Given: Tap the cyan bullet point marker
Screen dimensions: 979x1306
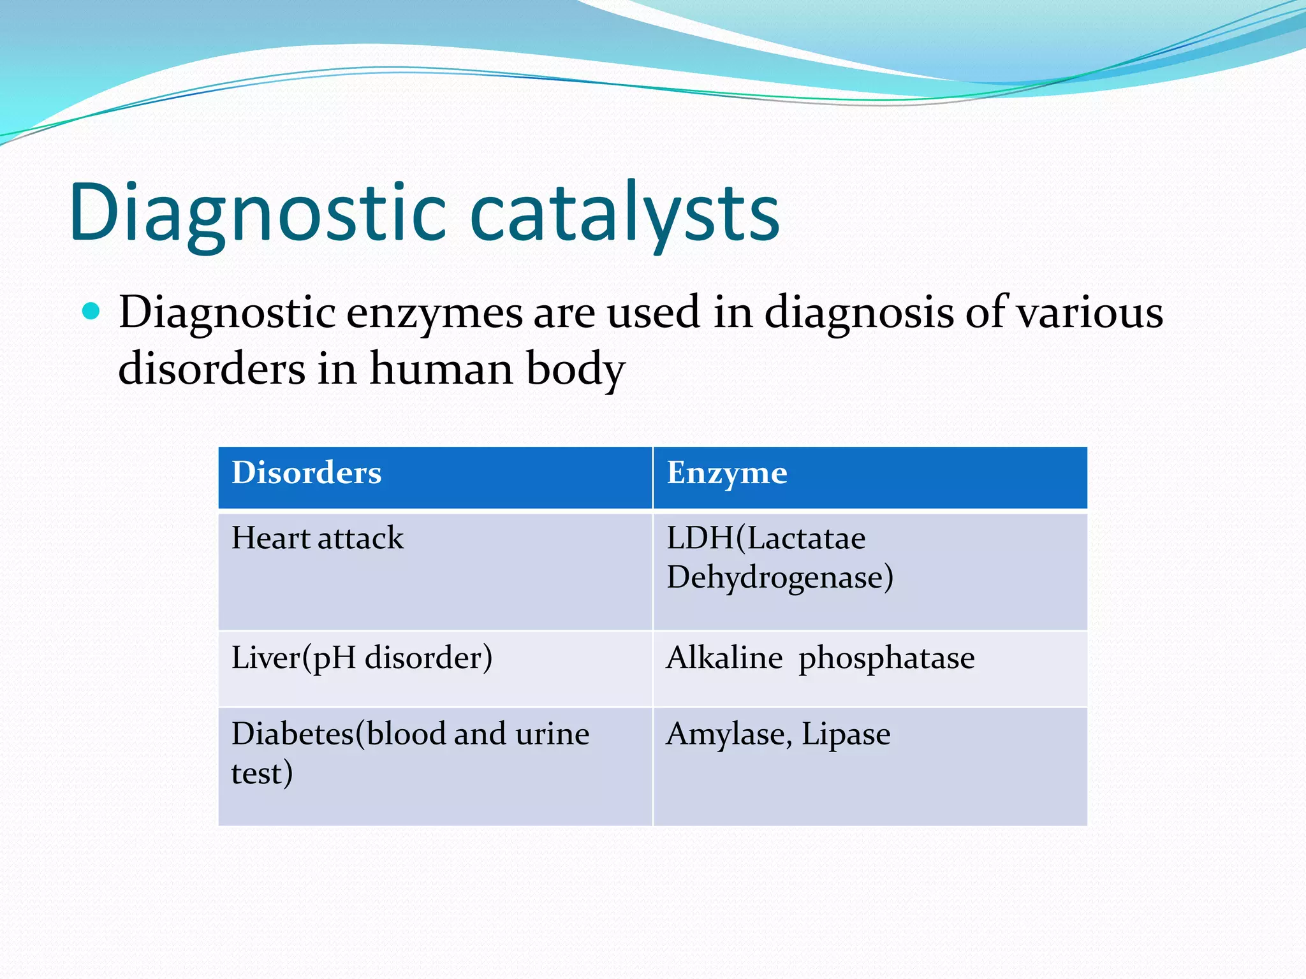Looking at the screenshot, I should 92,312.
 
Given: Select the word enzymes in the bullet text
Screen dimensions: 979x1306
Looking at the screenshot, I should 434,313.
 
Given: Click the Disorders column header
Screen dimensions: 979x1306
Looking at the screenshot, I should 306,473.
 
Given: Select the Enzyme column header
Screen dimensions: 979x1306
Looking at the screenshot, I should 726,473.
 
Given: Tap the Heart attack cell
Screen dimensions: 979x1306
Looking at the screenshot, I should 317,538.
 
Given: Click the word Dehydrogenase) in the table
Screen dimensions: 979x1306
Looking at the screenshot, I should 779,577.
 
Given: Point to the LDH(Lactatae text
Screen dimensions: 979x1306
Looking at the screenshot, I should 765,538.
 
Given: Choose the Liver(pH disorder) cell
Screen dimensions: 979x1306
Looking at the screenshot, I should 362,658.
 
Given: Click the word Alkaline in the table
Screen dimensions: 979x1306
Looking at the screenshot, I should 724,658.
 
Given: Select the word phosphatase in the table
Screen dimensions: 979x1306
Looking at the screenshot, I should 886,658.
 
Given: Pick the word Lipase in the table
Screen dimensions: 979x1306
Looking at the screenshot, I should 846,734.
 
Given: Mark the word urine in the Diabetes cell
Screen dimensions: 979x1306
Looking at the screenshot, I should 552,734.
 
